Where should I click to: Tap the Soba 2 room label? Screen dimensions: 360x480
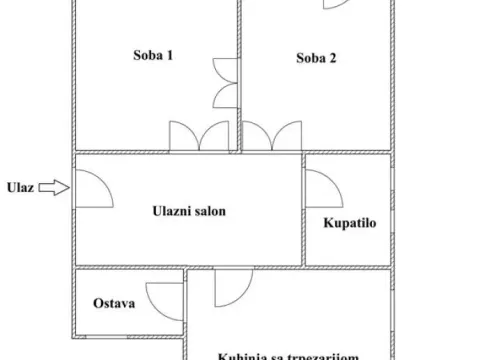[x=315, y=58]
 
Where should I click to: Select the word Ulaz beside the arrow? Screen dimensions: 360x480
[x=21, y=186]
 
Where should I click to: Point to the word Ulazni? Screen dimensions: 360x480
[x=172, y=210]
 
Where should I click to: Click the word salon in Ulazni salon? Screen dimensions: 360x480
[x=213, y=210]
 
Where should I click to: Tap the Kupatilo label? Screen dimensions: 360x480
[x=348, y=223]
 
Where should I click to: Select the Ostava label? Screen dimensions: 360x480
[x=115, y=303]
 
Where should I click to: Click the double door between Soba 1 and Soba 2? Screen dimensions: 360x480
[x=225, y=82]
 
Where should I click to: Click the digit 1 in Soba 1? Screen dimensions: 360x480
[x=171, y=56]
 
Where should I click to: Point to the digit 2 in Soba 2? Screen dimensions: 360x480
[x=333, y=58]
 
